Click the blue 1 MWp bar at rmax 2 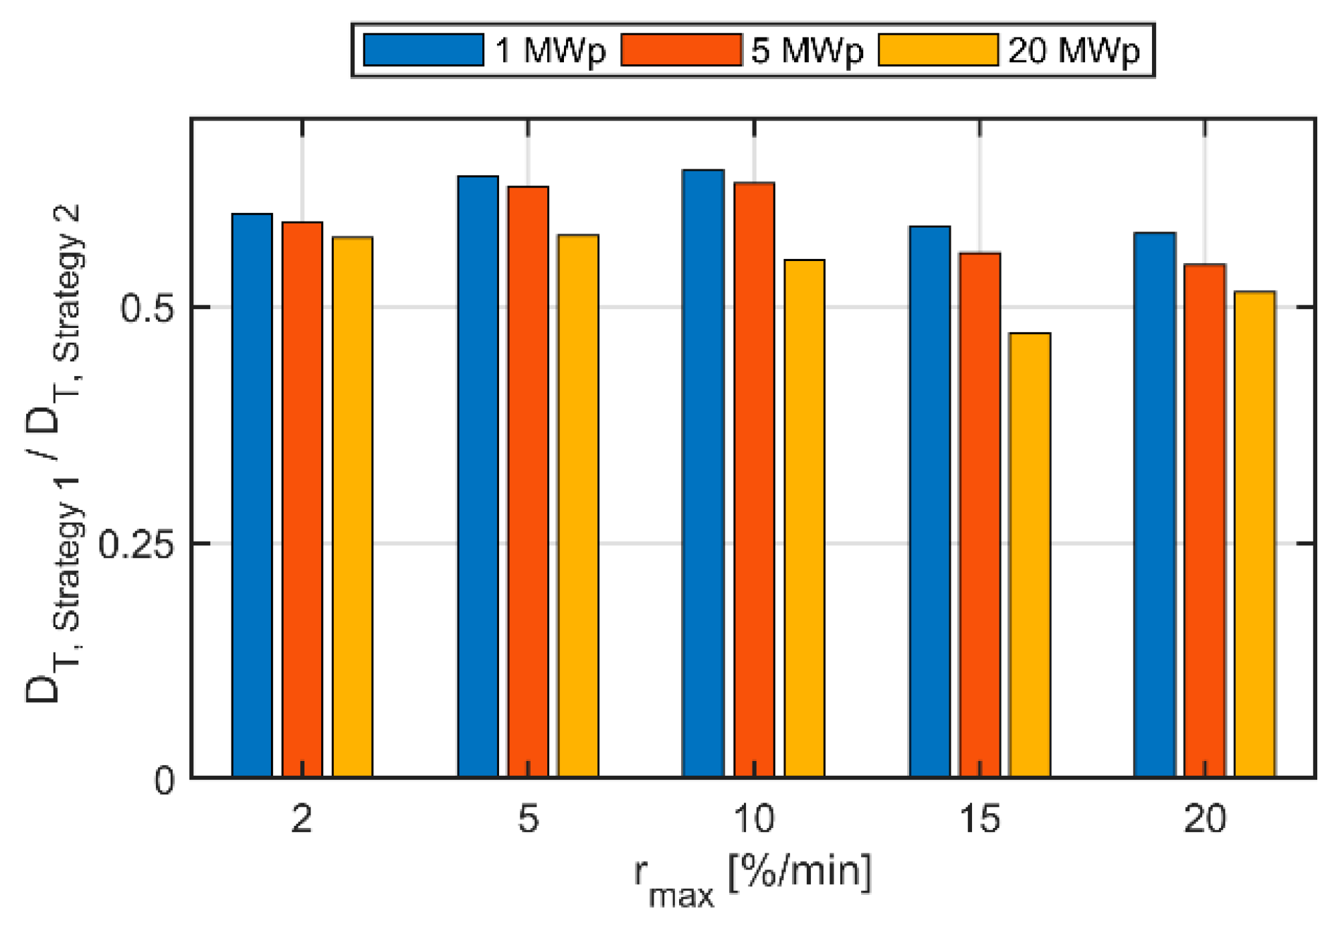(252, 495)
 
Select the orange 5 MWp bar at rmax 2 (302, 499)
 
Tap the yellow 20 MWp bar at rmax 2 (353, 507)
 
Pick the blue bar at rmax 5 (478, 477)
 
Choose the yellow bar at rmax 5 (578, 506)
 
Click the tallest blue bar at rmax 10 (703, 473)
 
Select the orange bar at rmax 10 (754, 479)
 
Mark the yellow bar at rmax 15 (1030, 555)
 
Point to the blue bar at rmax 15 (929, 502)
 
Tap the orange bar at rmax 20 (1205, 521)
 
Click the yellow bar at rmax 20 (1255, 534)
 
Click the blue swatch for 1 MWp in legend (423, 50)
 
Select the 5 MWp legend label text (807, 50)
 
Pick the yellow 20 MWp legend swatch (938, 50)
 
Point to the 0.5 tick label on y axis (147, 308)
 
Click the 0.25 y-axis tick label (136, 543)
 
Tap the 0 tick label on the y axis (165, 780)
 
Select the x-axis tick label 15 (979, 819)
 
